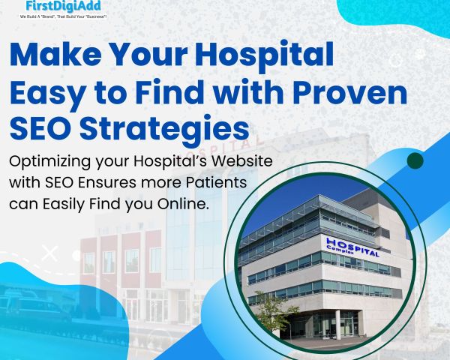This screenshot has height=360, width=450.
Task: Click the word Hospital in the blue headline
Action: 265,55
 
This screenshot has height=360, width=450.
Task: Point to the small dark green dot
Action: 415,160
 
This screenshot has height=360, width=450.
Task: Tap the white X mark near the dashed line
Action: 49,253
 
